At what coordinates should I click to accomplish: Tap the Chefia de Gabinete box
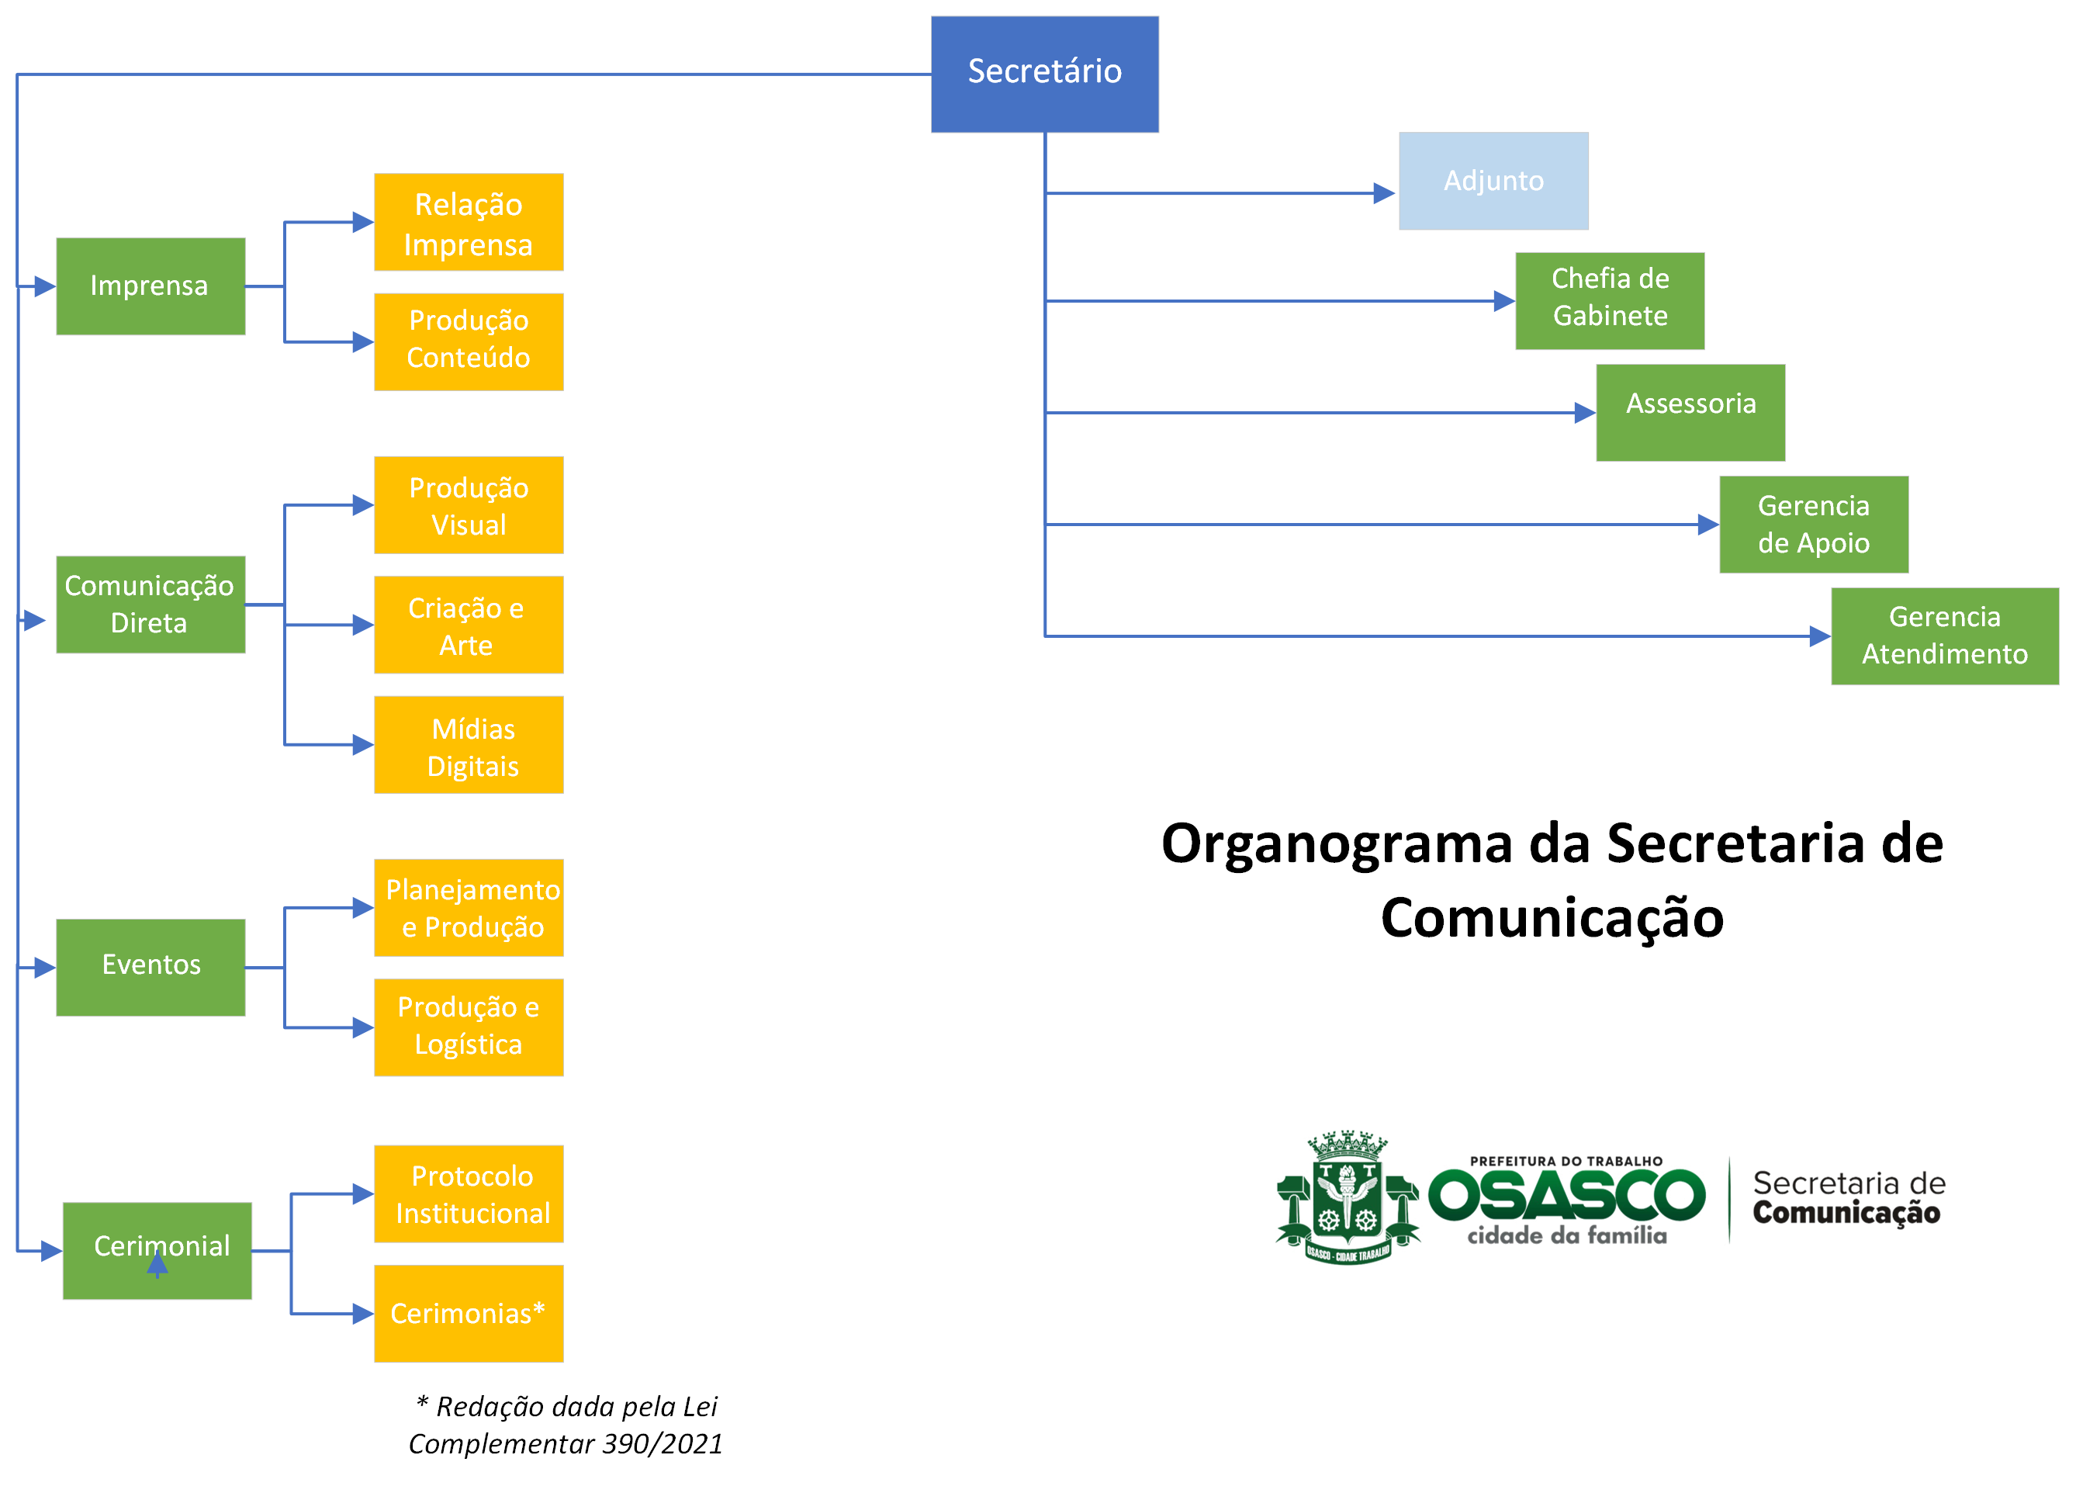click(x=1609, y=301)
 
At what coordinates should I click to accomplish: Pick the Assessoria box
click(x=1690, y=413)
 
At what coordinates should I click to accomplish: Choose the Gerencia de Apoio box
click(x=1813, y=525)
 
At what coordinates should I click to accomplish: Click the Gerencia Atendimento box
click(x=1944, y=636)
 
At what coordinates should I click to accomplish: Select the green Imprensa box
click(x=151, y=286)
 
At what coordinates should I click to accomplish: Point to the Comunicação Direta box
click(x=151, y=604)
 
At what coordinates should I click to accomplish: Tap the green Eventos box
click(x=151, y=968)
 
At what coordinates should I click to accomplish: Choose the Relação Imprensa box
click(x=469, y=223)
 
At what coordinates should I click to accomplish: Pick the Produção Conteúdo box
click(x=469, y=341)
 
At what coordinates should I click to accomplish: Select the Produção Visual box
click(x=469, y=504)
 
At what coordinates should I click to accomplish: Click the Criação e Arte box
click(x=469, y=625)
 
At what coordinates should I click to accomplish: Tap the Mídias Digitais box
click(x=469, y=744)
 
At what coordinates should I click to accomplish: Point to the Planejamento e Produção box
click(x=469, y=907)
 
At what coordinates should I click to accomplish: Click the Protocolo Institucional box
click(x=469, y=1193)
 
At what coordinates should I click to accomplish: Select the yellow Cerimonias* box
click(x=469, y=1314)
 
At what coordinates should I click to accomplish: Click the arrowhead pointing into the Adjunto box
click(x=1384, y=193)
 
